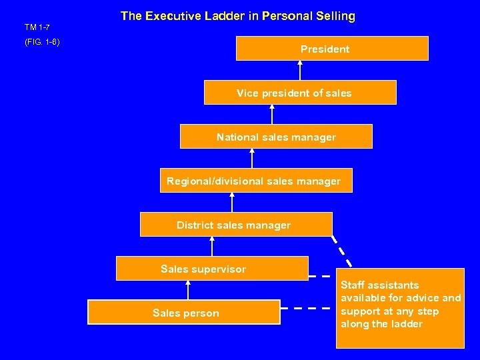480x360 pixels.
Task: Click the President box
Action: pos(332,49)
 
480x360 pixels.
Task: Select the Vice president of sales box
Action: pos(300,93)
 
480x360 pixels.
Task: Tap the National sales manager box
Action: pos(276,137)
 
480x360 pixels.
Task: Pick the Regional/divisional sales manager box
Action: pos(255,181)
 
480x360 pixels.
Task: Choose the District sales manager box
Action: pos(235,225)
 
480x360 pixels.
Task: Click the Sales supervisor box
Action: pos(212,269)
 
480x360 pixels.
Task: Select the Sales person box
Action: pos(184,312)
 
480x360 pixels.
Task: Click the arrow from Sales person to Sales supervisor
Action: pos(188,290)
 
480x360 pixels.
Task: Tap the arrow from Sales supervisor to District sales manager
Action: pos(212,247)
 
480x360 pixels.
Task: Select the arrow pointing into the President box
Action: pos(300,70)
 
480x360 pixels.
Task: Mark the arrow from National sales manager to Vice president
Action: pos(272,115)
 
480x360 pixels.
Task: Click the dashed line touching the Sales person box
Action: pos(306,309)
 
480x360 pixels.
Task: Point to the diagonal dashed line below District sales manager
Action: pos(342,251)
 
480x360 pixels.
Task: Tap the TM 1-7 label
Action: pos(37,27)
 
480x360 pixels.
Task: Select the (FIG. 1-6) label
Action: pos(42,42)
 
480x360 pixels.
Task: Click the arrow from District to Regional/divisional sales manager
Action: pos(232,202)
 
